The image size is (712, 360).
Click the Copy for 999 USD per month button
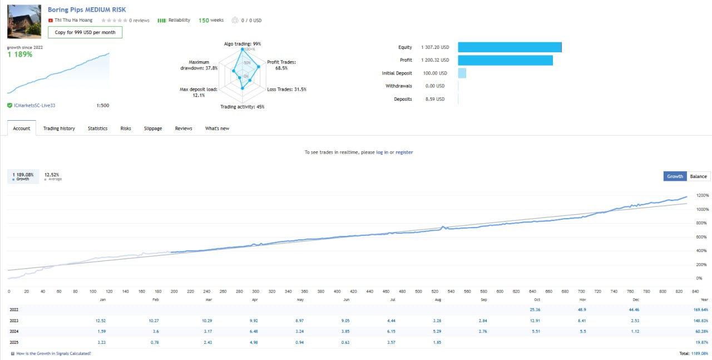point(85,32)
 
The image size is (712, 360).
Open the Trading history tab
point(59,129)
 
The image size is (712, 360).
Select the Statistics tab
point(97,129)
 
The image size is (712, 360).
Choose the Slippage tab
point(153,129)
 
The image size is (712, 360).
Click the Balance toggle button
point(698,176)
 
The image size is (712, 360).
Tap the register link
point(404,152)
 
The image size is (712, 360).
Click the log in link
point(382,152)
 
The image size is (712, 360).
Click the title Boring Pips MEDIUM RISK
point(87,9)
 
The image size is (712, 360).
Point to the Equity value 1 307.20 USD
point(435,47)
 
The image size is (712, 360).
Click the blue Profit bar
point(506,60)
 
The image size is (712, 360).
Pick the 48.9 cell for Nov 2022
point(582,309)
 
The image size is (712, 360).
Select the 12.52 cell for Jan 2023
point(101,320)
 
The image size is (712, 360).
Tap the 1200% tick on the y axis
point(703,195)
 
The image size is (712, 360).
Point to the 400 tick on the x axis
point(337,292)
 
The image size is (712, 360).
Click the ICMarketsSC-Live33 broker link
point(34,106)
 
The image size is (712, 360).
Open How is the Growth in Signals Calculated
point(53,353)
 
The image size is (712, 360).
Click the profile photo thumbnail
point(24,21)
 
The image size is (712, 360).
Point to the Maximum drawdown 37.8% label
point(199,65)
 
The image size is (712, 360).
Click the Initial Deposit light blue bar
point(462,73)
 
